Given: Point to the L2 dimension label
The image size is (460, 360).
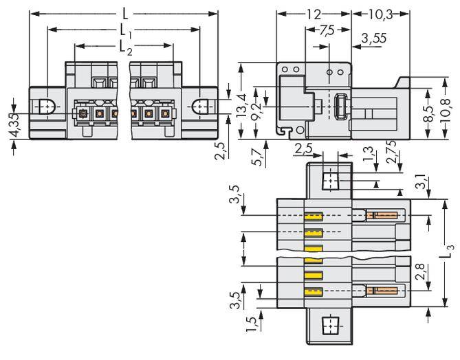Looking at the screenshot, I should click(124, 47).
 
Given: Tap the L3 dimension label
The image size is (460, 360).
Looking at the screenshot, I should click(448, 251).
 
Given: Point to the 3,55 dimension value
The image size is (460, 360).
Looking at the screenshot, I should click(373, 39).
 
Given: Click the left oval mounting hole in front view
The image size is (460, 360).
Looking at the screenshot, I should click(45, 107).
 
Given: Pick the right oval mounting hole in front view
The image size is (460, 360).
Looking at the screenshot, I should click(201, 107).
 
